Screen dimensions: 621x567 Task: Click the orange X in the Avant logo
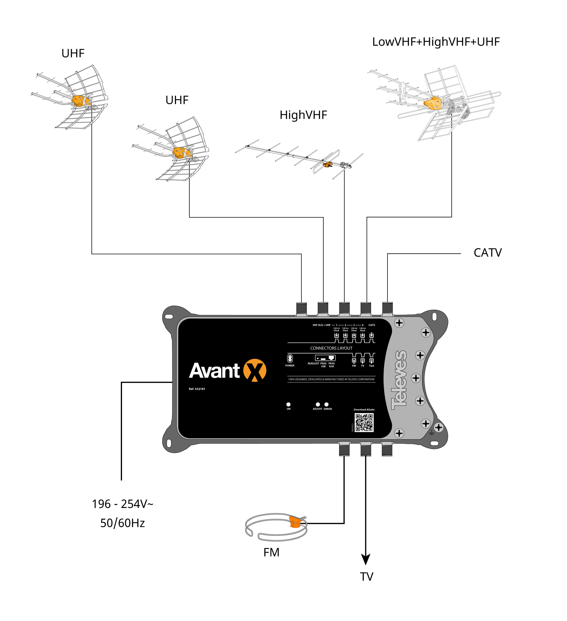255,370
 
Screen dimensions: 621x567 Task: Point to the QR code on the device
364,423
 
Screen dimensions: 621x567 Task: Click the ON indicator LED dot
288,405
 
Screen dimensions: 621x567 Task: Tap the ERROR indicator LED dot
326,405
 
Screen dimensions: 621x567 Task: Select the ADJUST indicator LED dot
318,405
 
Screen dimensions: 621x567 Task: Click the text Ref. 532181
197,389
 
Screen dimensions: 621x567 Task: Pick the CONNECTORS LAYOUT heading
331,348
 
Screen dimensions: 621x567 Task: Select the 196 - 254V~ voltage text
122,504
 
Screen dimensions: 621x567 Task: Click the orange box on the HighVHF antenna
327,165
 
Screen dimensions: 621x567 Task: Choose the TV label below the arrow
367,577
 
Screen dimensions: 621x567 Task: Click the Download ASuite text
364,410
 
